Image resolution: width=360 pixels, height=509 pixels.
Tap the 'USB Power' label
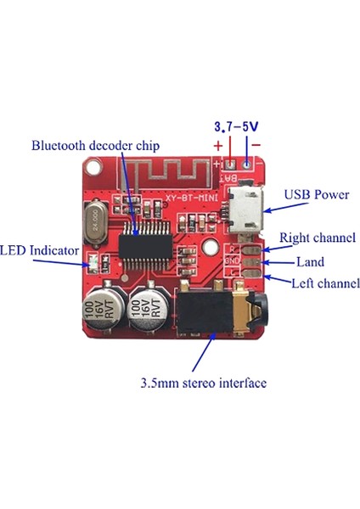coord(317,195)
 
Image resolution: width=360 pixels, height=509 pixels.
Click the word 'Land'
coord(309,262)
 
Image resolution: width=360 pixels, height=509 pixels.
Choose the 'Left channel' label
coord(325,283)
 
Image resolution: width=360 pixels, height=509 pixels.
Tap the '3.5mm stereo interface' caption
coord(203,383)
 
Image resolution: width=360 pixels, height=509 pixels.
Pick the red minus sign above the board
coord(257,143)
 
